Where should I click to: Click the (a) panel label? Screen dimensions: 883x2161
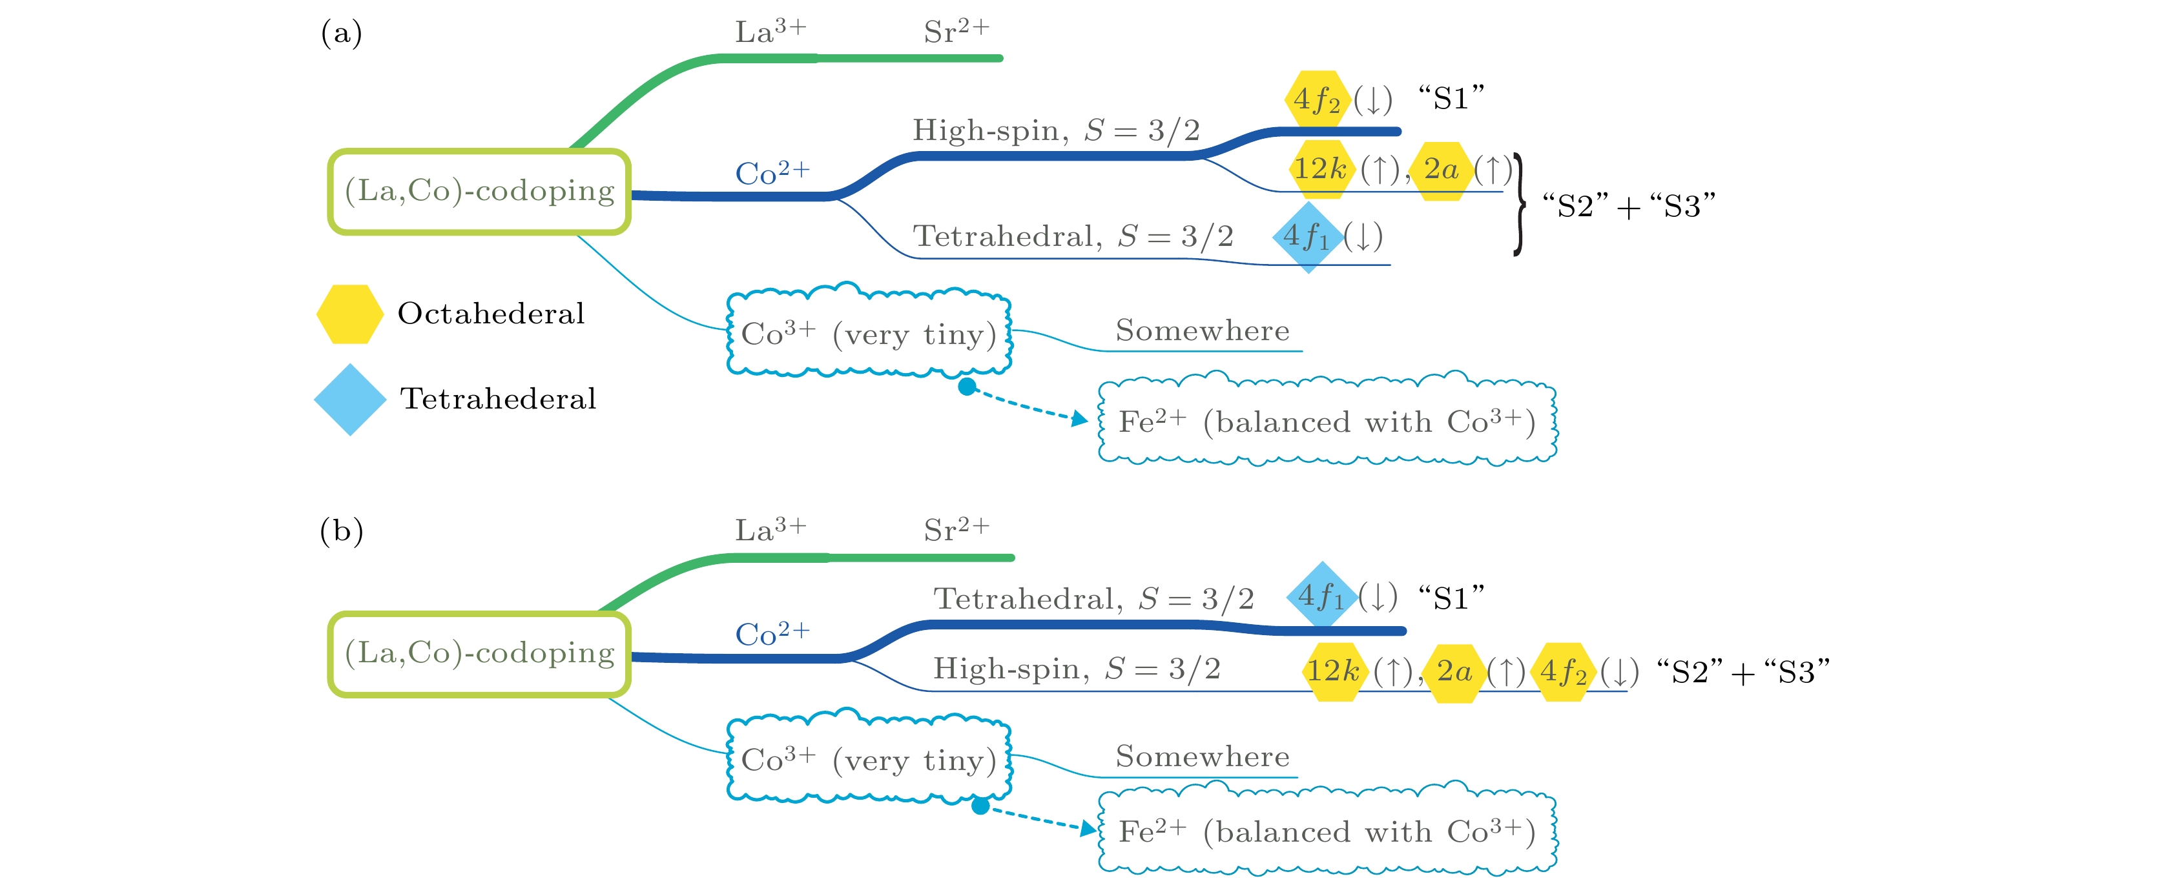point(342,34)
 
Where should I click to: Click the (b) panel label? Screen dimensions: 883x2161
point(342,531)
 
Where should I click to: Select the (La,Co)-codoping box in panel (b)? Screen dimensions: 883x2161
point(479,653)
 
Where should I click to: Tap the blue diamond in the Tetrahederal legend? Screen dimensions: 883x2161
point(350,399)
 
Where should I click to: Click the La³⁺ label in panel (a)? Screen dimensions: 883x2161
point(770,32)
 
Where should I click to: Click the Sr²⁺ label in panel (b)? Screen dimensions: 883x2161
point(956,530)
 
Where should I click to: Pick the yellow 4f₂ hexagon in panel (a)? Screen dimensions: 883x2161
point(1317,99)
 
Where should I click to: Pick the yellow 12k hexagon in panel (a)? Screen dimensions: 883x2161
point(1320,169)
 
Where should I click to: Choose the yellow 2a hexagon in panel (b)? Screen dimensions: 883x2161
point(1454,672)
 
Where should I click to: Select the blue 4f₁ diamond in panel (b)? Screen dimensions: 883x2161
point(1321,596)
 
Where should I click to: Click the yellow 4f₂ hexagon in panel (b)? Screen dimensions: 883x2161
point(1564,672)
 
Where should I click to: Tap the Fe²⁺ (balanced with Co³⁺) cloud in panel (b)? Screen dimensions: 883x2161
point(1327,831)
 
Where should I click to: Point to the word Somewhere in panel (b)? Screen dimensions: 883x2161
point(1202,756)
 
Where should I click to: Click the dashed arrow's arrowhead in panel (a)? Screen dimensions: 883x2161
point(1080,418)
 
